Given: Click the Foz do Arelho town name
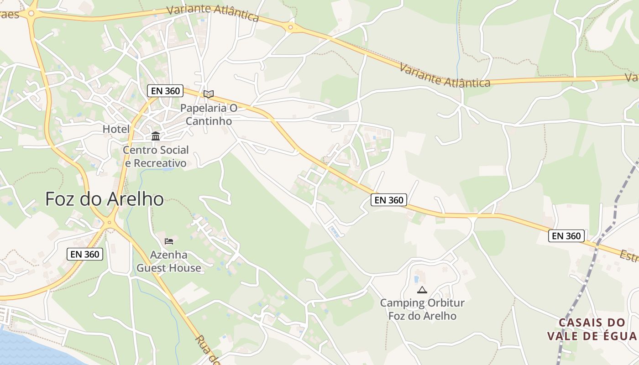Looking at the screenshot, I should (105, 199).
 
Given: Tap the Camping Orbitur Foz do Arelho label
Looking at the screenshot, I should (422, 309).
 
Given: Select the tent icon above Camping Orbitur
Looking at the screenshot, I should (422, 290).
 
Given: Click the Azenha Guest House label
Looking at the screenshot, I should (169, 261).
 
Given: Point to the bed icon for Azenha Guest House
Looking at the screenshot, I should (169, 241).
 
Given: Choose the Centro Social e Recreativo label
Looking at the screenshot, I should (156, 156).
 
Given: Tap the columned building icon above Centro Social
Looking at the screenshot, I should (156, 136).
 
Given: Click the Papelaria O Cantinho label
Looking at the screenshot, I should (209, 115).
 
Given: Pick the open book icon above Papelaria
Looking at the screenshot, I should (209, 94).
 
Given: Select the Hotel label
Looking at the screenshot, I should (116, 129).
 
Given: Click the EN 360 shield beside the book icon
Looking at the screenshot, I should (165, 91).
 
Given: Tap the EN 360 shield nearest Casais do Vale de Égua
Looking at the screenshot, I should (566, 236).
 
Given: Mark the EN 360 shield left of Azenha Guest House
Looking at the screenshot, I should (85, 254).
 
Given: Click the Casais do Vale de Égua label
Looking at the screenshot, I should (592, 329).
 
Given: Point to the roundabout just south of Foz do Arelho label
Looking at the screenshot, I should (109, 223).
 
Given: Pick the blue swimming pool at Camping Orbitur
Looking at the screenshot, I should (416, 278).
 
